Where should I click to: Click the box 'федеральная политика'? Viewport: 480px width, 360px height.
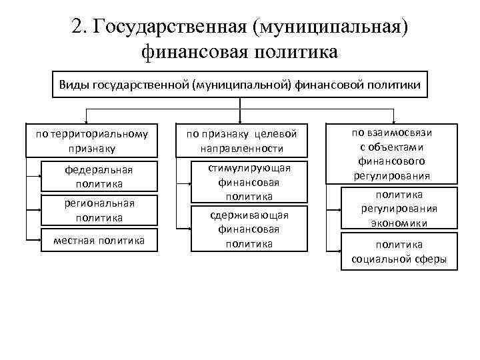tap(99, 176)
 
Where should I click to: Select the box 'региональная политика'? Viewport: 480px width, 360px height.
tap(99, 210)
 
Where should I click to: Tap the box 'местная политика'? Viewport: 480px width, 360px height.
tap(99, 240)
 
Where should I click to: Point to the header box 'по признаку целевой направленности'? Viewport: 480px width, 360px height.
tap(241, 141)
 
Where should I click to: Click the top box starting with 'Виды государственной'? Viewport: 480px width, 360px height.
tap(240, 85)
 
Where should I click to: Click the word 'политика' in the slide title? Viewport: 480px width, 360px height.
tap(297, 51)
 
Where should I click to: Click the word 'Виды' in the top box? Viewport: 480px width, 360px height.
tap(73, 85)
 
